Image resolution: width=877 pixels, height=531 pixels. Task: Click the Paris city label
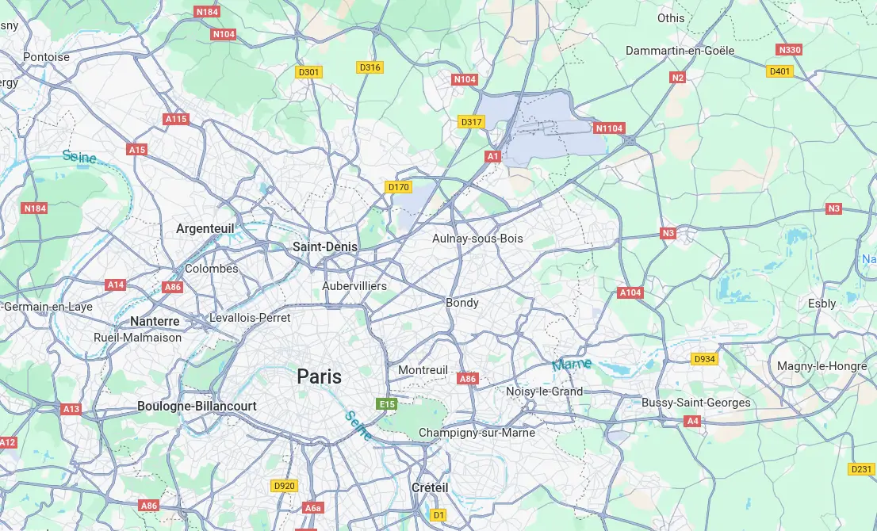pos(320,376)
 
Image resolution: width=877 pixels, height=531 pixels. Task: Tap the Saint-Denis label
pos(325,247)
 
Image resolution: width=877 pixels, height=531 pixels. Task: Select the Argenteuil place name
pos(205,228)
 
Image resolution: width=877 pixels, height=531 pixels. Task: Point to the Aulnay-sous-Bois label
pos(477,239)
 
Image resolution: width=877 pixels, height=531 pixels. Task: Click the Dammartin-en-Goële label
pos(680,51)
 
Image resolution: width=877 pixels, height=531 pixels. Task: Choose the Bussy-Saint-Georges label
pos(695,403)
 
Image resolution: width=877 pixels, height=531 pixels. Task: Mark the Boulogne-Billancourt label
pos(197,406)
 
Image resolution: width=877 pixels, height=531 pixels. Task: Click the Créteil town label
pos(430,487)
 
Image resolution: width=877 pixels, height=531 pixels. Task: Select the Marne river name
pos(572,365)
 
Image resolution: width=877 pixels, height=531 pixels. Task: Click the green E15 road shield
pos(386,404)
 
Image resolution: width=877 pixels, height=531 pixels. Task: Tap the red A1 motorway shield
pos(493,157)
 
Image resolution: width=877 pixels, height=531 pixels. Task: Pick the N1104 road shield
pos(609,128)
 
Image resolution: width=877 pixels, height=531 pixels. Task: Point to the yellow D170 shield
pos(398,187)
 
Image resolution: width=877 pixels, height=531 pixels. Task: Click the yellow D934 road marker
pos(704,359)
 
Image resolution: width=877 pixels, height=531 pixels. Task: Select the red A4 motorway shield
pos(692,421)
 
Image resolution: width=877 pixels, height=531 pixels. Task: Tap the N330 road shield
pos(789,50)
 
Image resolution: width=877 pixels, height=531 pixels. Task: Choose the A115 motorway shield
pos(176,119)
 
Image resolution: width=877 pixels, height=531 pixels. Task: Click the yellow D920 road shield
pos(284,486)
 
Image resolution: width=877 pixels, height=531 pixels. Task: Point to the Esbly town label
pos(821,304)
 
